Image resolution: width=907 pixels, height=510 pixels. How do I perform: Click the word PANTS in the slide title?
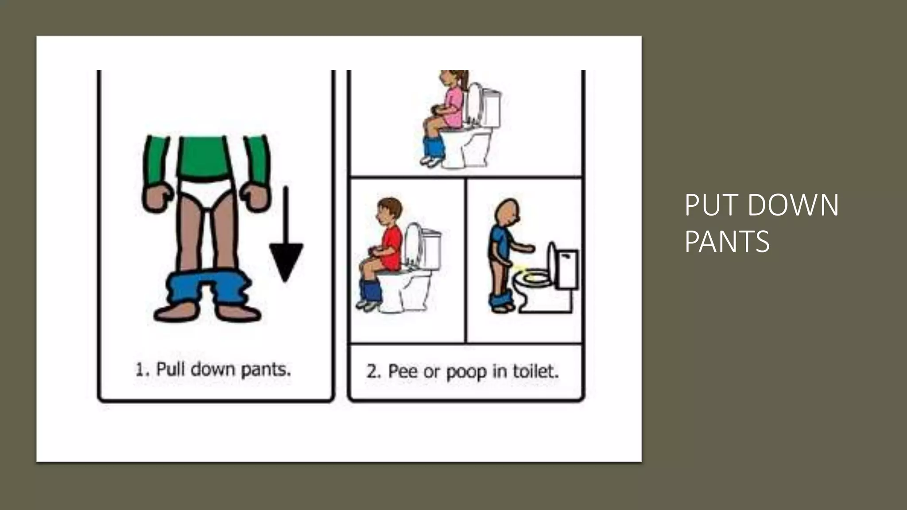click(x=727, y=242)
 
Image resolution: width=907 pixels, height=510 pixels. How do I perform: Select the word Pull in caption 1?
click(x=170, y=369)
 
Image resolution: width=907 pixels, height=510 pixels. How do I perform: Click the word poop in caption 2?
click(x=466, y=372)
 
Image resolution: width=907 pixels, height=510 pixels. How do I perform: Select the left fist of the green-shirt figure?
click(x=157, y=197)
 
